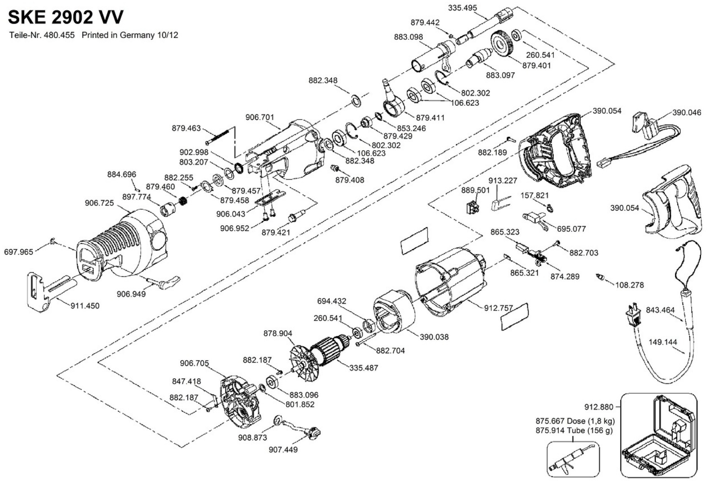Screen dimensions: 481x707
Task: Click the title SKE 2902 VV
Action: [66, 17]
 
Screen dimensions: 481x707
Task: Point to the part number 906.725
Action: [99, 203]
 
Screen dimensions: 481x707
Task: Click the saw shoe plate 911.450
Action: [39, 292]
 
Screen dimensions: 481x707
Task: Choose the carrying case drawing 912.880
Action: [658, 436]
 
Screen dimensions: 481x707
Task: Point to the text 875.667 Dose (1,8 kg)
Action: [575, 421]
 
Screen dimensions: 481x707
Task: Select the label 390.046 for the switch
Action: [687, 113]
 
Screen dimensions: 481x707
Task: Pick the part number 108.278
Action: [629, 285]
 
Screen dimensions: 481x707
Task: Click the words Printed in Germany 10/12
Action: [130, 35]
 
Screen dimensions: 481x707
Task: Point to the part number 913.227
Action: [503, 181]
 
